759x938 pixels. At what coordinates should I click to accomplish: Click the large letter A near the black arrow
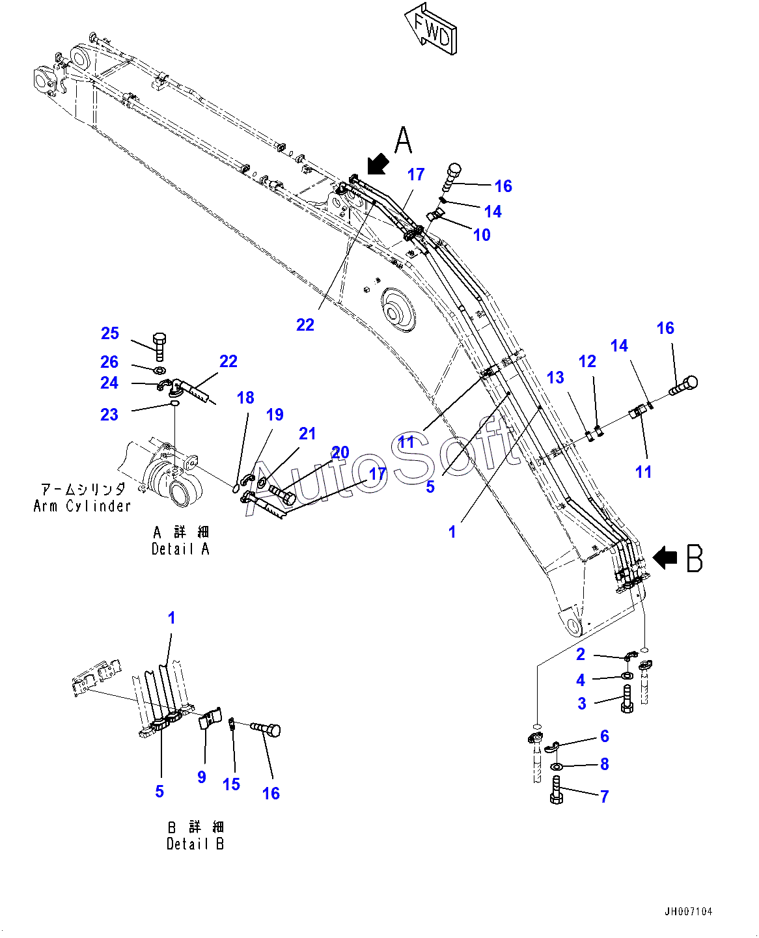(x=403, y=140)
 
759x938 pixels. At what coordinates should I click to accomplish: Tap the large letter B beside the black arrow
(x=695, y=559)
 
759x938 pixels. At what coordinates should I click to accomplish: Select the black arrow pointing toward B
(x=665, y=558)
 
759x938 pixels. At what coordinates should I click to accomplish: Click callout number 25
(x=109, y=333)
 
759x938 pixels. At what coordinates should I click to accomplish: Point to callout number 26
(x=109, y=361)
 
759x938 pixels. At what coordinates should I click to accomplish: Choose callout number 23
(x=109, y=415)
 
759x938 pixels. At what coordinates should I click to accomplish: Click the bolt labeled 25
(x=159, y=346)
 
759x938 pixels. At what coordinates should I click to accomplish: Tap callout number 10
(x=482, y=235)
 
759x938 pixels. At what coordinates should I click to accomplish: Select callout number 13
(x=555, y=378)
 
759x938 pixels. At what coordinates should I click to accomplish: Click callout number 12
(x=587, y=361)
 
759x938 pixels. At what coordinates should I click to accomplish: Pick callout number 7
(x=605, y=796)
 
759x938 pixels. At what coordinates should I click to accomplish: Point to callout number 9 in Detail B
(x=202, y=777)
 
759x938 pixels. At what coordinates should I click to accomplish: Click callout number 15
(x=231, y=784)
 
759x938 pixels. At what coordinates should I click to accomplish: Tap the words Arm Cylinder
(x=82, y=506)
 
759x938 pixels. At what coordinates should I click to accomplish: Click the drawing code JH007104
(x=688, y=911)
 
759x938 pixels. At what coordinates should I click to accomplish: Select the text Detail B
(x=195, y=844)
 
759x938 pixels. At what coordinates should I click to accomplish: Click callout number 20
(x=340, y=452)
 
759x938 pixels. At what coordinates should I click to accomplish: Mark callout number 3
(x=581, y=703)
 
